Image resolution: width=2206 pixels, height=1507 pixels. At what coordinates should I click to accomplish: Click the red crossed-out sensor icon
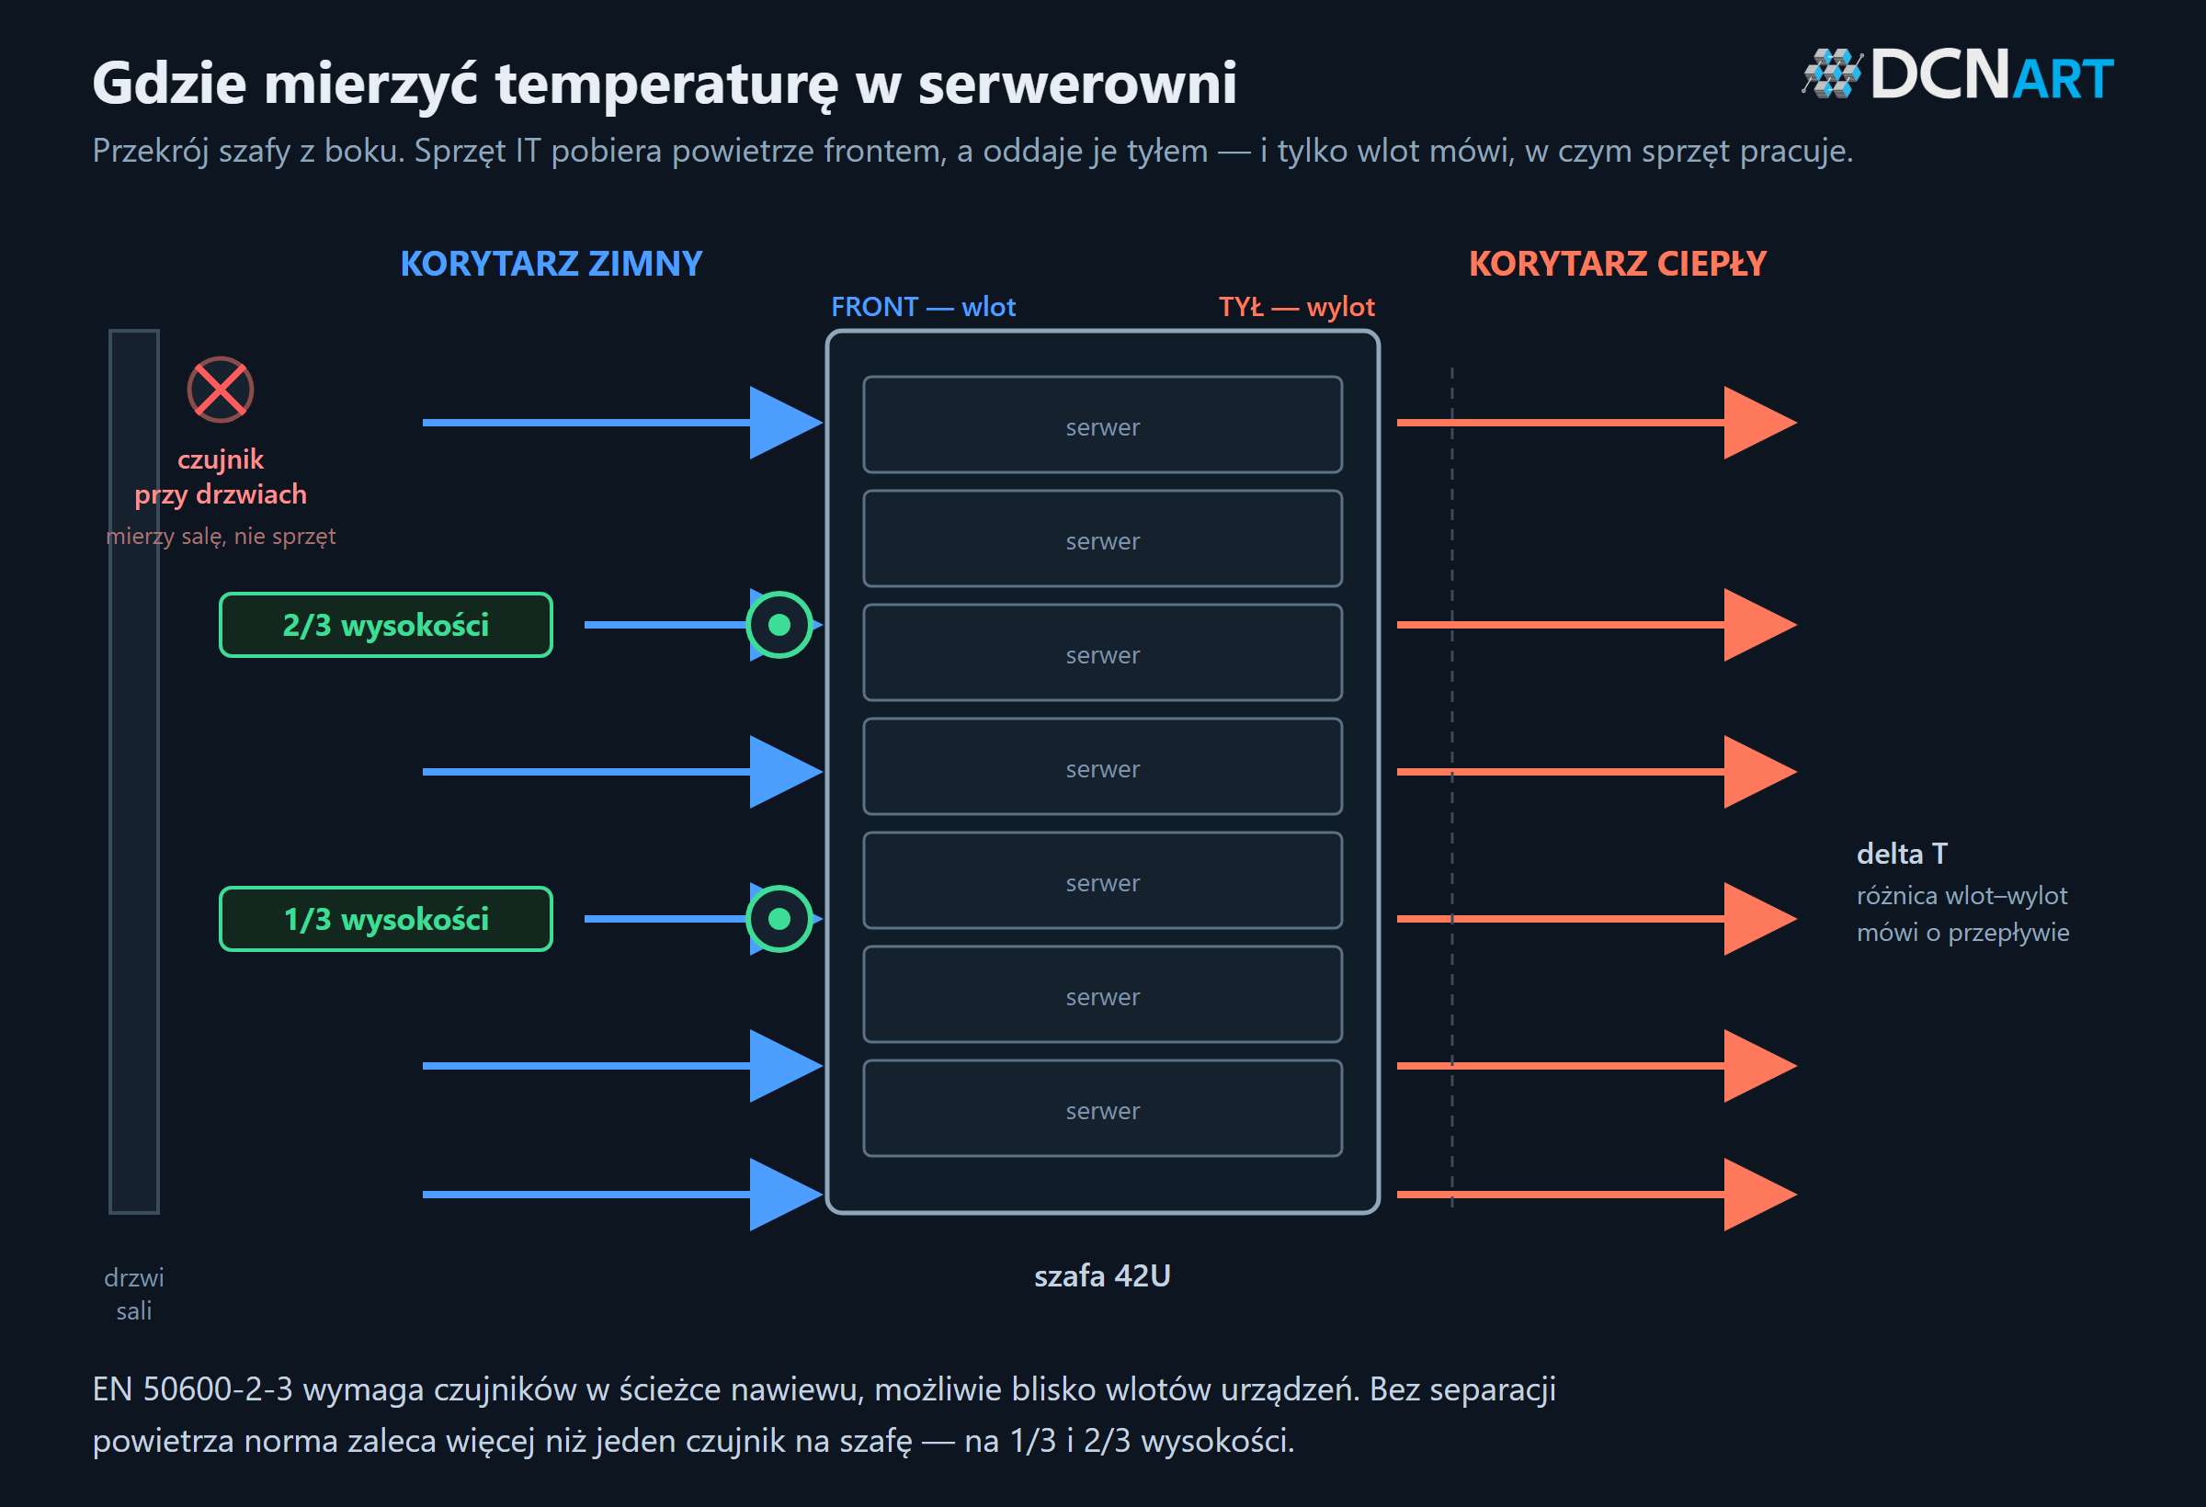(x=221, y=389)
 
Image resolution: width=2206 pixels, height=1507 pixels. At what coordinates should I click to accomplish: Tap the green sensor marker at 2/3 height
(x=779, y=625)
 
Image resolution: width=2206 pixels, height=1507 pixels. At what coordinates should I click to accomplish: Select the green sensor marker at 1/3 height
(x=779, y=919)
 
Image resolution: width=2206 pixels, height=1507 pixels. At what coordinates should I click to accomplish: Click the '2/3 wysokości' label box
(x=386, y=625)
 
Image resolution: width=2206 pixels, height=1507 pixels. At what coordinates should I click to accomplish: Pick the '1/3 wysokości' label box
(x=386, y=919)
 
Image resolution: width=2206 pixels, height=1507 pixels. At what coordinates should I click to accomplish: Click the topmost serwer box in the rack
(x=1103, y=425)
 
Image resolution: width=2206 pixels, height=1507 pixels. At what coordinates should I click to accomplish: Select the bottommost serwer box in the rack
(x=1103, y=1108)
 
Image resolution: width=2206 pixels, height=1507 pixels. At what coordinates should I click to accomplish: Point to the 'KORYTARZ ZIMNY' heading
(x=551, y=263)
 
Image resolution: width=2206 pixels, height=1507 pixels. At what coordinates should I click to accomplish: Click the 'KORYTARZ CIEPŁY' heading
(x=1618, y=263)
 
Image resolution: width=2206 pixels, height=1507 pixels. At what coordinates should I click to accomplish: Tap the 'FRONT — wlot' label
(x=924, y=307)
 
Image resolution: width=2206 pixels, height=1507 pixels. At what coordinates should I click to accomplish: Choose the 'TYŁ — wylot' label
(x=1297, y=307)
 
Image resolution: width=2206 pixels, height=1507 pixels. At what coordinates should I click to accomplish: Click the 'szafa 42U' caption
(x=1102, y=1275)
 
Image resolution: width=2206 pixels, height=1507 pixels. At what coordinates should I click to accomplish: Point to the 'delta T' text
(x=1903, y=853)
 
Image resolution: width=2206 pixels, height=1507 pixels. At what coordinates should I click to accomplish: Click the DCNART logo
(x=1957, y=74)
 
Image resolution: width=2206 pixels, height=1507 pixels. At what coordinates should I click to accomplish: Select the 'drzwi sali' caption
(x=134, y=1294)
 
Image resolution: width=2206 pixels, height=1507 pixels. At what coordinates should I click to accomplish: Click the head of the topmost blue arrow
(x=786, y=423)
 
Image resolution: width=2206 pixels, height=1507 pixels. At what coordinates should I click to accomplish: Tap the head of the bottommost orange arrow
(x=1761, y=1194)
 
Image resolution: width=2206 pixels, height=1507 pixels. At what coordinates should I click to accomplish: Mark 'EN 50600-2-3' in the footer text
(x=193, y=1388)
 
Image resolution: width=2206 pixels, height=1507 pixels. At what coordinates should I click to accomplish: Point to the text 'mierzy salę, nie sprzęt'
(x=222, y=537)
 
